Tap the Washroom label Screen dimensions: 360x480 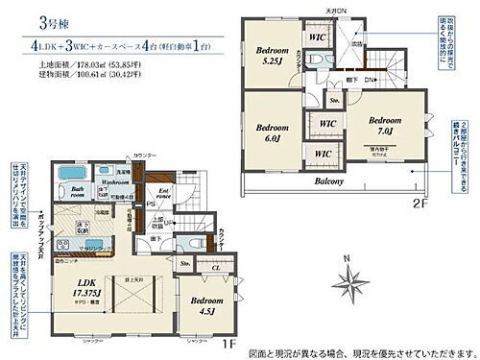tap(116, 181)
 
